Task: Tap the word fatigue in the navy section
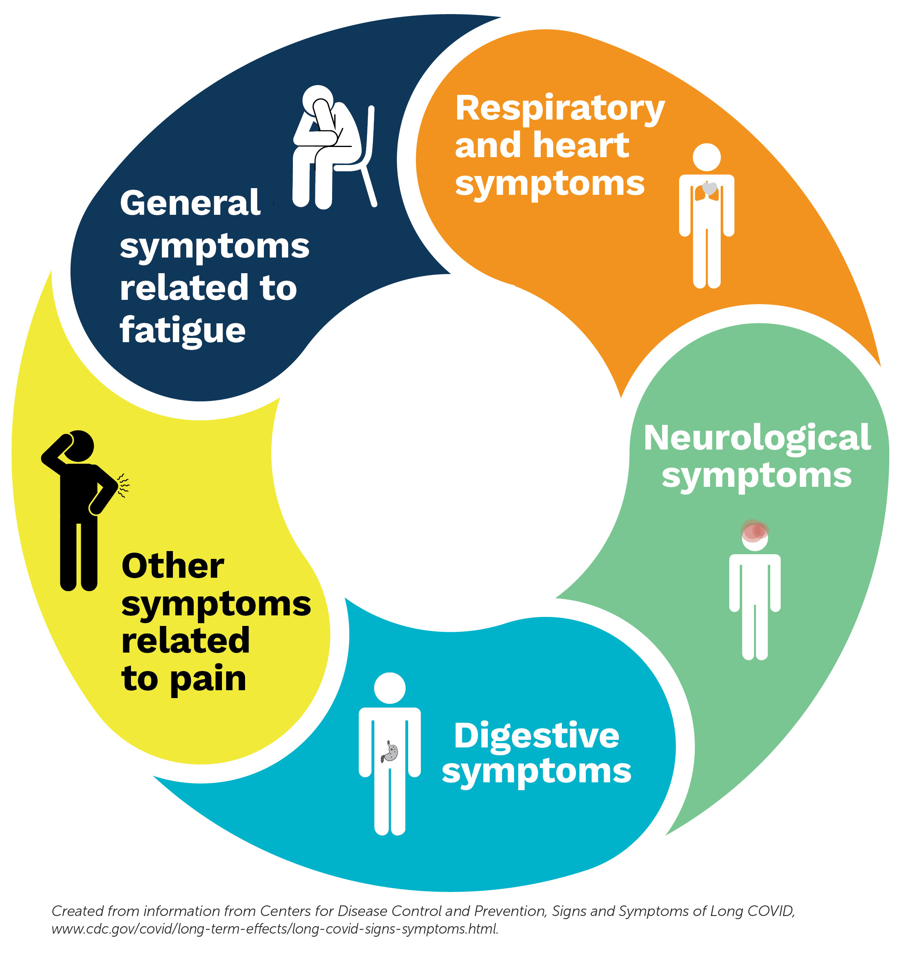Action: tap(182, 330)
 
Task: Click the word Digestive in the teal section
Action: tap(536, 736)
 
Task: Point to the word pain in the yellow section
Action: tap(207, 679)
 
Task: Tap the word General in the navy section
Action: tap(190, 203)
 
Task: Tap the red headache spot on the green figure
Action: tap(753, 531)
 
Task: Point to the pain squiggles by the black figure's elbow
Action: tap(123, 485)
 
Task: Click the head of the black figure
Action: tap(78, 446)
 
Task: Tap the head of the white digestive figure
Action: tap(389, 688)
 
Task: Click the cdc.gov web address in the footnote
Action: tap(274, 929)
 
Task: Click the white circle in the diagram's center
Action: tap(450, 452)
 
